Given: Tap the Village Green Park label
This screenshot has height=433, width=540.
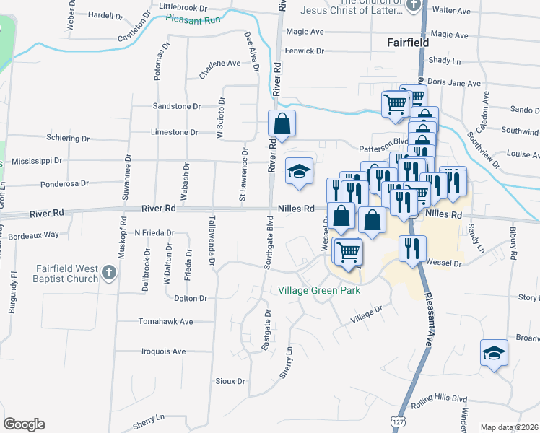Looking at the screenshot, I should click(x=319, y=291).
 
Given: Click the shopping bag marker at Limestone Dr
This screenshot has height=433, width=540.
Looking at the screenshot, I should click(x=282, y=124).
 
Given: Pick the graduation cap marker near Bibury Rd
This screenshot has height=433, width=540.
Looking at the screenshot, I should click(x=494, y=353).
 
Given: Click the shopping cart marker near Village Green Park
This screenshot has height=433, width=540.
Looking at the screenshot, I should click(x=348, y=252).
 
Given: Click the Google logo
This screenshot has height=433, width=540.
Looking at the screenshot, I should click(x=24, y=424).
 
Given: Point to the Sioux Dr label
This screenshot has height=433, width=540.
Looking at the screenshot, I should click(x=230, y=380).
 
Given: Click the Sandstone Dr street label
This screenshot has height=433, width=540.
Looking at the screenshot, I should click(x=177, y=106).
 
